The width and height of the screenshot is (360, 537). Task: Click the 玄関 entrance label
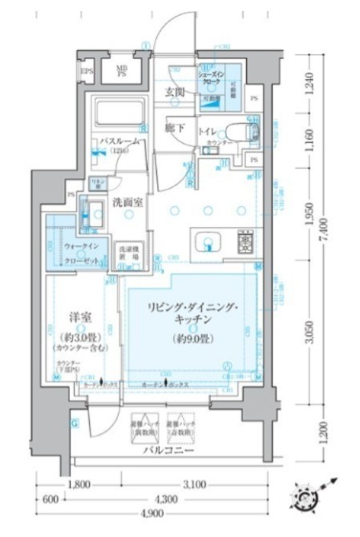point(175,91)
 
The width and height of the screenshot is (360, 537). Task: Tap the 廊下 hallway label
point(174,128)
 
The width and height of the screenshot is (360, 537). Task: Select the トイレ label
point(207,131)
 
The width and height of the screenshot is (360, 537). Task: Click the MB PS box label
point(121,71)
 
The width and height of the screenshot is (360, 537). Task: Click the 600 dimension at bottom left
point(50,500)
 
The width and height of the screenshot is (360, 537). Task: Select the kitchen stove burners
point(245,243)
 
